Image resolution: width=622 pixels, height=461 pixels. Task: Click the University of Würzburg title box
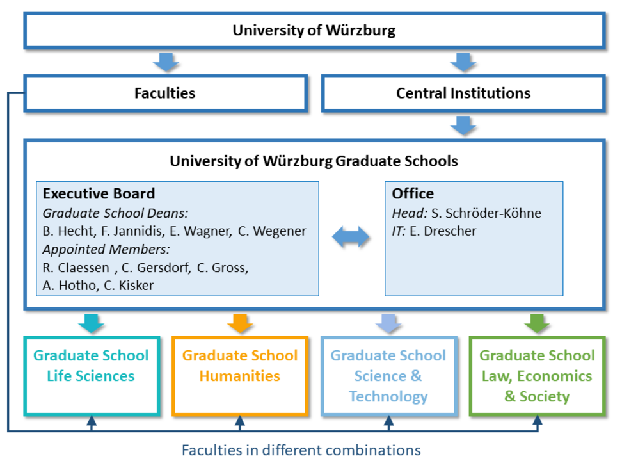[314, 30]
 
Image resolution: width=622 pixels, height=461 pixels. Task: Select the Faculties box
[164, 93]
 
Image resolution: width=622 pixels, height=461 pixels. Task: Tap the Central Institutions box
[463, 93]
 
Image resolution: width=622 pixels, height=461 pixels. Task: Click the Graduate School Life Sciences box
[91, 375]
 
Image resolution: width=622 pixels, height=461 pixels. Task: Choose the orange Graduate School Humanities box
[239, 375]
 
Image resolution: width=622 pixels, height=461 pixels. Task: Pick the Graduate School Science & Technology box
[388, 375]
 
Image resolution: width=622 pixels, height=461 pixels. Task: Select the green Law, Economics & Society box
[536, 375]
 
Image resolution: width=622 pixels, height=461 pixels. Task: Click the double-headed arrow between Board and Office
[351, 237]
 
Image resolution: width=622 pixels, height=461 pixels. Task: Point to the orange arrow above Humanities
[240, 322]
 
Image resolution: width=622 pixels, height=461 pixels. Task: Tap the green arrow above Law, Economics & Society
[537, 322]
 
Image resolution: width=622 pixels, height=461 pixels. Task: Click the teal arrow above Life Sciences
[92, 322]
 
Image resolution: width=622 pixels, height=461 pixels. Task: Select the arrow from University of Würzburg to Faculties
[166, 63]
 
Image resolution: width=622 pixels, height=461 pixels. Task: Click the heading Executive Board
[99, 194]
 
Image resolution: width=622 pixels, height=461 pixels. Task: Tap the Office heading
[413, 194]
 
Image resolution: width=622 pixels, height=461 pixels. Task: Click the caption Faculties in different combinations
[301, 449]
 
